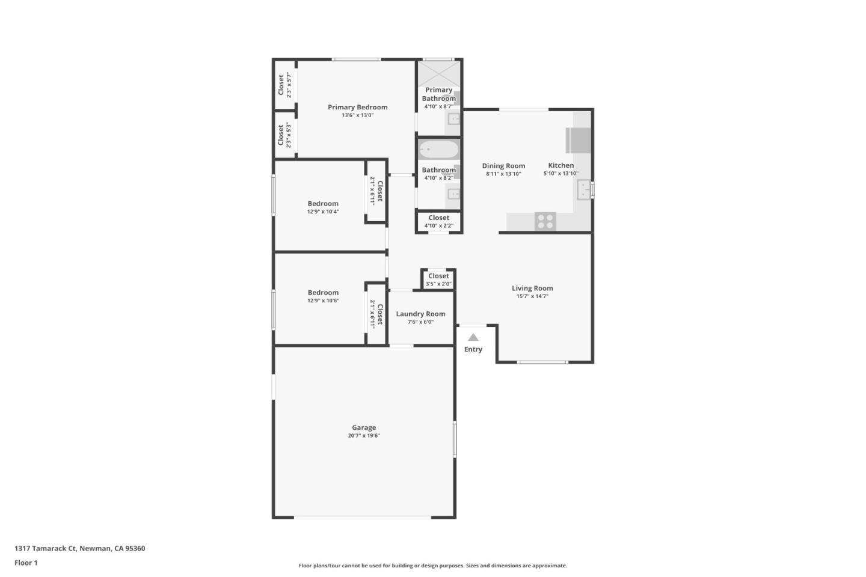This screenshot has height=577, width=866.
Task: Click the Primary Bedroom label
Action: tap(357, 107)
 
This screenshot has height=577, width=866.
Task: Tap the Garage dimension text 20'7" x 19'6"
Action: tap(364, 436)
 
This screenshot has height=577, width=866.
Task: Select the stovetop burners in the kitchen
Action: tap(545, 221)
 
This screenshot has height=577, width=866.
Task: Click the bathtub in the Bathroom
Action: tap(438, 149)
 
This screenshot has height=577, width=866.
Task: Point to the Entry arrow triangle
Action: tap(473, 337)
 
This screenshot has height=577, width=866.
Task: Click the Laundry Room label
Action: tap(420, 314)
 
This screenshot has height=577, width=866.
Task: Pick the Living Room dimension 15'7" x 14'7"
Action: tap(532, 296)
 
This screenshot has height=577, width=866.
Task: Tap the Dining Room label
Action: tap(503, 166)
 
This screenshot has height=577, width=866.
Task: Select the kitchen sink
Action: tap(583, 191)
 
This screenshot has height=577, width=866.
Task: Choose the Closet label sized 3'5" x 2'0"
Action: tap(438, 276)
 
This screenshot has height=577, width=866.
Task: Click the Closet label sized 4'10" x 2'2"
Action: tap(438, 218)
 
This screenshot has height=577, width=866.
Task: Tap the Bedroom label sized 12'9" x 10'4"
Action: tap(323, 204)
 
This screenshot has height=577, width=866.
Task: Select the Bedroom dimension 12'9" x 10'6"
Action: tap(323, 301)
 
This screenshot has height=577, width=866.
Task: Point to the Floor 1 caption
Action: tap(26, 563)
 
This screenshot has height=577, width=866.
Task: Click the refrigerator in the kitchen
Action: tap(579, 141)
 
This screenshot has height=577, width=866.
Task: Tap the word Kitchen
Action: tap(560, 165)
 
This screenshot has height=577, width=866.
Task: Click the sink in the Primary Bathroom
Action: tap(454, 119)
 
